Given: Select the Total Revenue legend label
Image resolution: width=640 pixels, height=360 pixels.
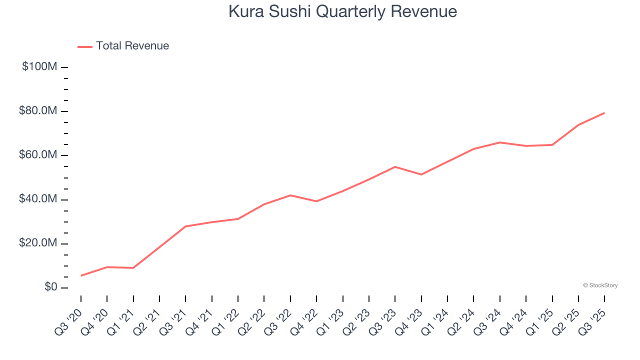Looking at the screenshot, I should point(132,46).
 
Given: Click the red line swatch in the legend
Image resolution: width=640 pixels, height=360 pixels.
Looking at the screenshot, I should point(85,46).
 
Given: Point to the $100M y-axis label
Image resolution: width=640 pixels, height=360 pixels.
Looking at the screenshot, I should point(39,66).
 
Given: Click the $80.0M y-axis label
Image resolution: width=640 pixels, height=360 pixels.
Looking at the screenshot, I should point(37,111).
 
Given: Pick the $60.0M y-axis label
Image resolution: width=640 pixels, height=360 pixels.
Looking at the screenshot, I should point(37,155).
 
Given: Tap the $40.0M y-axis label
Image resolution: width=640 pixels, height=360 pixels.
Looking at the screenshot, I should point(37,199).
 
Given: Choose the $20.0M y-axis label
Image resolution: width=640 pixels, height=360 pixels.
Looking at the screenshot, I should point(37,243).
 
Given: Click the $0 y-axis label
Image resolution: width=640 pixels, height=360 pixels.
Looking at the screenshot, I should point(49,287).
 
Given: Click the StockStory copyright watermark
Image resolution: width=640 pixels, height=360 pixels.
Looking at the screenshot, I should point(600,285).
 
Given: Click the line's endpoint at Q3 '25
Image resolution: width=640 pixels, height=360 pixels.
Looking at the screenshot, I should point(604,113).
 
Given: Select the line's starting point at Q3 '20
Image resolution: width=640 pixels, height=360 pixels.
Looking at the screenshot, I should point(81,275).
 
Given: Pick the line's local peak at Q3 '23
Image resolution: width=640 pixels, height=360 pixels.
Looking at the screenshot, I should point(395,166).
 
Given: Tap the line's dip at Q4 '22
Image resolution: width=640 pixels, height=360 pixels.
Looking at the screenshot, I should point(316,201).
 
